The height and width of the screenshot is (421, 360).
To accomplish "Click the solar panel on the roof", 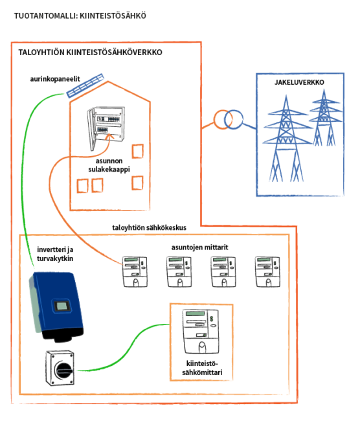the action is coord(85,85).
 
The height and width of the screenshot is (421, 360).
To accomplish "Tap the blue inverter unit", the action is coord(56,307).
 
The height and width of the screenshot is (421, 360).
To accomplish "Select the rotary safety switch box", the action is coord(60,368).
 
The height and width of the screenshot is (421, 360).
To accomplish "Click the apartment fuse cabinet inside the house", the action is coord(106,127).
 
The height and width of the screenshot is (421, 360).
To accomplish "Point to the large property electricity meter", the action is coord(201,332).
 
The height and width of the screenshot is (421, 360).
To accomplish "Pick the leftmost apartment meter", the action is coord(135,272).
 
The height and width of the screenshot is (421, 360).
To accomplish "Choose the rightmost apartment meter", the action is coord(267,272).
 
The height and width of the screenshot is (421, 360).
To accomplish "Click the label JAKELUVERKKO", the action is coord(299,82).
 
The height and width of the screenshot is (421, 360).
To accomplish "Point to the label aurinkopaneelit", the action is coord(55,79).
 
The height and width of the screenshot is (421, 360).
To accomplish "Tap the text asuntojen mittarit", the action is coord(199,247).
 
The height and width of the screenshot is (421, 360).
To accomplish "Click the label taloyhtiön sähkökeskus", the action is coord(150,228).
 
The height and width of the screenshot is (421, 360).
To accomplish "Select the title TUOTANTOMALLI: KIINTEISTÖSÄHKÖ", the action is coord(80,16).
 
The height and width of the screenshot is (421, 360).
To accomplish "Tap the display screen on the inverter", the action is coord(62,306).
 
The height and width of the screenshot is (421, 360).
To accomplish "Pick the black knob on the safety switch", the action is coord(64,370).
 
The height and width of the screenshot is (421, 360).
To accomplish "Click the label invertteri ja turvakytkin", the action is coord(55,254).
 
